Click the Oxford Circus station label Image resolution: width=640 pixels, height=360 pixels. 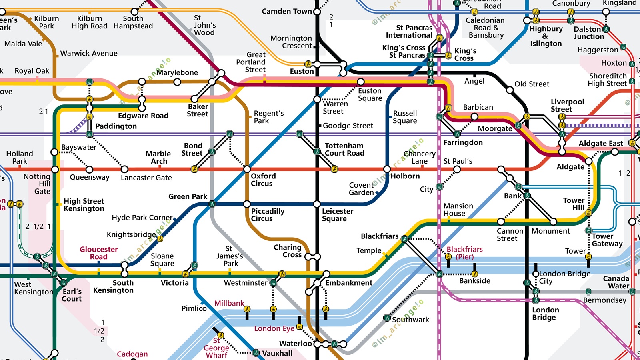[x=263, y=180]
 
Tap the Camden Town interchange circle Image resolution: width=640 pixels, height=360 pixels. [x=317, y=12]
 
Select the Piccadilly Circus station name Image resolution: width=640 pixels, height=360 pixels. [x=267, y=215]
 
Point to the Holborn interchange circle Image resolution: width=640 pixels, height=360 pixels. [x=387, y=169]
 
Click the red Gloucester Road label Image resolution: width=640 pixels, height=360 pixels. [x=98, y=253]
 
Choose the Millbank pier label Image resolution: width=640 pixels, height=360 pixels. [x=229, y=303]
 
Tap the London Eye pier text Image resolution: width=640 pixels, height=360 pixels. [x=274, y=328]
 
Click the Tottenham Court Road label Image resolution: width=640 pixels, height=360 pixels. [x=344, y=149]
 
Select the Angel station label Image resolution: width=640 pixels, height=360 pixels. [x=474, y=81]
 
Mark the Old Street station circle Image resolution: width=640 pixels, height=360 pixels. [x=510, y=90]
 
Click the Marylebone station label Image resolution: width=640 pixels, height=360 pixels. [x=177, y=72]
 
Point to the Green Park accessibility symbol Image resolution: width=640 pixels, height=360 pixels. [x=212, y=204]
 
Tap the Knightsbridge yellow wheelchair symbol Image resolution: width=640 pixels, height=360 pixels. [x=160, y=239]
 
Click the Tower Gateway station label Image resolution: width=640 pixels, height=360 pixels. [x=607, y=240]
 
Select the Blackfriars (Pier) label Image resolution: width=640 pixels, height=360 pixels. [x=464, y=253]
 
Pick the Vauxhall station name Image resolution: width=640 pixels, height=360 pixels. [x=277, y=353]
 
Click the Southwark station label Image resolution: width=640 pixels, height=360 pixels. [x=410, y=320]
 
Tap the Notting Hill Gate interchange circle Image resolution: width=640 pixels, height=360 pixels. [x=55, y=169]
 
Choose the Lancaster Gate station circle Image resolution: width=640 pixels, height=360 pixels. [x=125, y=169]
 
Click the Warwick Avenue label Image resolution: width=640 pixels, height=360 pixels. [x=89, y=53]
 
